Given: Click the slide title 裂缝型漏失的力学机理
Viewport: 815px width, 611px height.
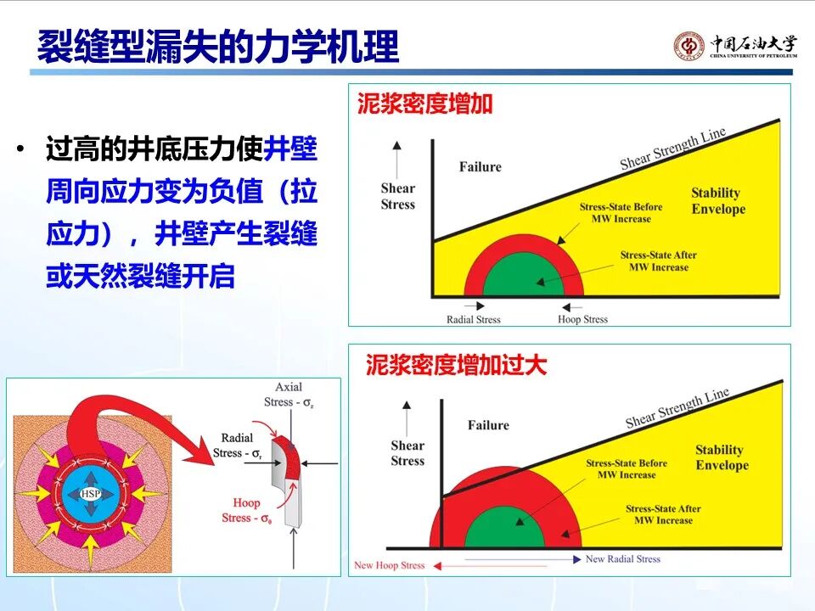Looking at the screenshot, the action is [218, 47].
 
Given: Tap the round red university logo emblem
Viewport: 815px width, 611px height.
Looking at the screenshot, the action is [689, 46].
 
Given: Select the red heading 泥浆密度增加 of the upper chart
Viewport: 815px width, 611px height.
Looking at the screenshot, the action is [424, 104].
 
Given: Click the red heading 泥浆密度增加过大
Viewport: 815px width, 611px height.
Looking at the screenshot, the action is [456, 365].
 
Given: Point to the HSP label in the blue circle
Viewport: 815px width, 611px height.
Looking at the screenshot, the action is [91, 494].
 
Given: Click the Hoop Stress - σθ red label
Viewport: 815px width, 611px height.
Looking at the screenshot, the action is [246, 510].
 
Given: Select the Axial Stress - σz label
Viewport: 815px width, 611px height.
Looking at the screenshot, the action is [289, 395].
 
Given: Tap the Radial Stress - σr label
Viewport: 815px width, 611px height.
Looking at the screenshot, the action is [237, 446].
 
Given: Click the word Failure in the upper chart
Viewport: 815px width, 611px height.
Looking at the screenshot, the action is [481, 167].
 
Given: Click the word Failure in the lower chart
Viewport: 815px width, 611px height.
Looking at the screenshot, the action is [488, 425].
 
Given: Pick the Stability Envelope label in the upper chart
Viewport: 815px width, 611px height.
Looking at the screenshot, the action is [718, 201].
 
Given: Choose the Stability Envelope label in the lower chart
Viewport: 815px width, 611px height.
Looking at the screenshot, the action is [722, 457].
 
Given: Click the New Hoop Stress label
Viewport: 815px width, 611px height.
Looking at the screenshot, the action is [390, 565].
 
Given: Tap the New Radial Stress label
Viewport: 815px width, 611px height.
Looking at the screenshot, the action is [622, 559].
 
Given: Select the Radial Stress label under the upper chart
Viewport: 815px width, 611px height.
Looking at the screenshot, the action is [474, 320].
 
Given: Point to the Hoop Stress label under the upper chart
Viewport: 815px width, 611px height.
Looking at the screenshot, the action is [582, 319].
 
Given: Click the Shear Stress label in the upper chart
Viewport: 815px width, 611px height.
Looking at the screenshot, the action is [397, 196].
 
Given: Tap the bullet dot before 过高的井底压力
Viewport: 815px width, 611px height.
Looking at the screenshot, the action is [20, 149].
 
